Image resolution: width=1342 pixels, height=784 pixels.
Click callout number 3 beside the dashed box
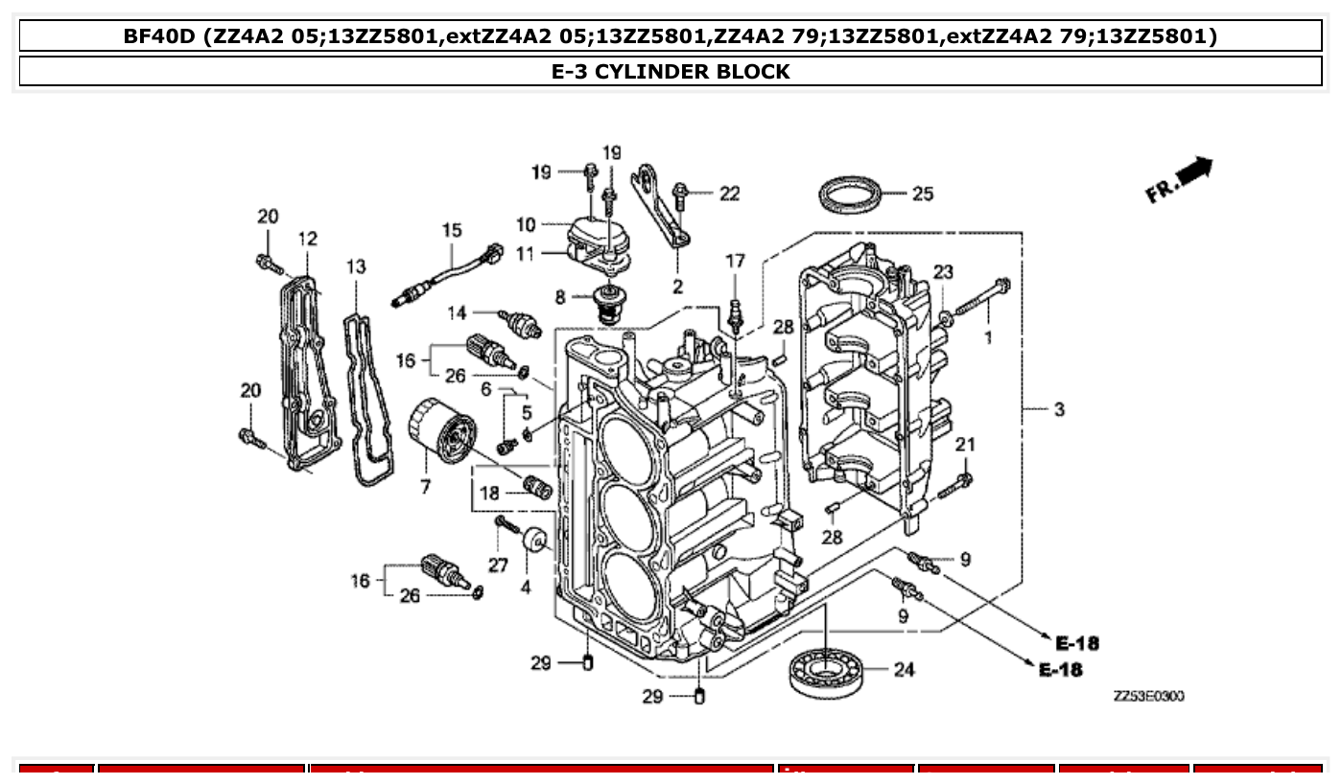pyautogui.click(x=1058, y=410)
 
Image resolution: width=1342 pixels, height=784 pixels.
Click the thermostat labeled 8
pyautogui.click(x=607, y=305)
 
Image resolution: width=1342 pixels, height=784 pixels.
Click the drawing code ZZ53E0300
pyautogui.click(x=1148, y=696)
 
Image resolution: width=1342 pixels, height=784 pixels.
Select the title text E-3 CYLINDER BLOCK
pyautogui.click(x=671, y=71)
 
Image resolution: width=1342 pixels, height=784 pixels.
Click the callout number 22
pyautogui.click(x=730, y=194)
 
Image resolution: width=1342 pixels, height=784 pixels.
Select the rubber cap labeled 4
pyautogui.click(x=535, y=542)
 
